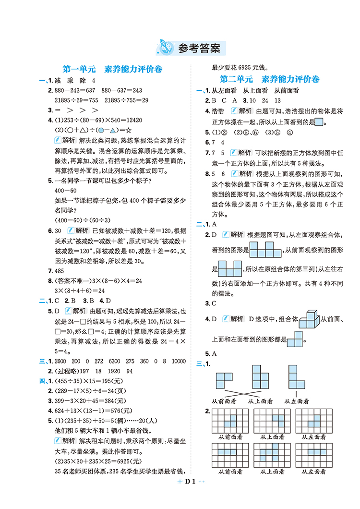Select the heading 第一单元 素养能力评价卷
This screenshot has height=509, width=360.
[x=113, y=70]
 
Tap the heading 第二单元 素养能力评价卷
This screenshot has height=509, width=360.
[x=269, y=79]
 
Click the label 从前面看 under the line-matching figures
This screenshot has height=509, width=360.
[x=224, y=400]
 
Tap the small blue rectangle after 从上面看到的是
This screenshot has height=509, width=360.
[x=319, y=122]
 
